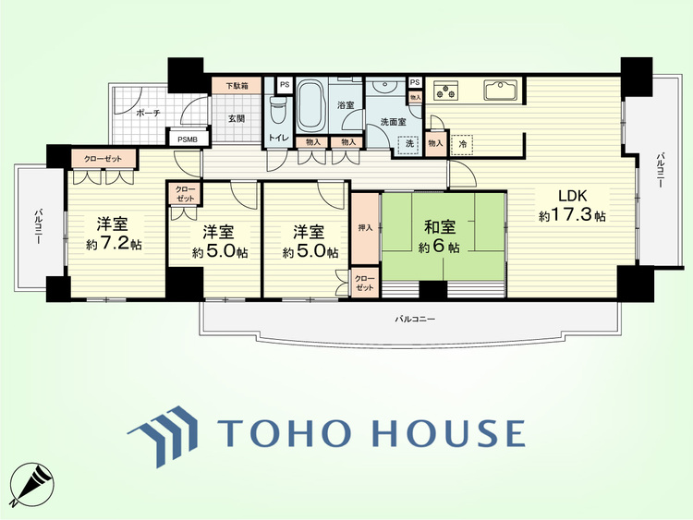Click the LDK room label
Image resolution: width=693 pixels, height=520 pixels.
click(572, 195)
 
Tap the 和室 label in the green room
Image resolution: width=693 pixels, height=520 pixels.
click(439, 227)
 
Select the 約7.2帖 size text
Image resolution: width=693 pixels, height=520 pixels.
click(114, 244)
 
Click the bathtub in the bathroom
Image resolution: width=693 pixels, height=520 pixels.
click(311, 105)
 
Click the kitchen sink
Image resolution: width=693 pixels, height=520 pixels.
click(501, 91)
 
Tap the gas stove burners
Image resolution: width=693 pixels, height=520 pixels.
click(445, 91)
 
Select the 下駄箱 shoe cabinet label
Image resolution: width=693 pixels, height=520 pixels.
click(237, 86)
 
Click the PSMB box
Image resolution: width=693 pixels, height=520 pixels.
click(188, 139)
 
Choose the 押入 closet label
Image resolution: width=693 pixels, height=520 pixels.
click(365, 228)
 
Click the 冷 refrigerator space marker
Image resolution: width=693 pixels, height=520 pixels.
click(462, 144)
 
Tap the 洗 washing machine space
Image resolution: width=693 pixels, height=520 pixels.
click(409, 144)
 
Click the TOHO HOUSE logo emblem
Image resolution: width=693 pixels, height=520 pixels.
click(164, 436)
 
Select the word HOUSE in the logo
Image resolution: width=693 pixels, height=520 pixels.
click(448, 432)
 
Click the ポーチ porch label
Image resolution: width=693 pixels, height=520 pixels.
click(148, 113)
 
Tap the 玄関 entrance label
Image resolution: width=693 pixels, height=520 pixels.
click(237, 119)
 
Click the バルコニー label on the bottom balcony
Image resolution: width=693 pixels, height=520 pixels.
click(415, 319)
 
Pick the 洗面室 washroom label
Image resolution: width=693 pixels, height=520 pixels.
click(394, 122)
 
